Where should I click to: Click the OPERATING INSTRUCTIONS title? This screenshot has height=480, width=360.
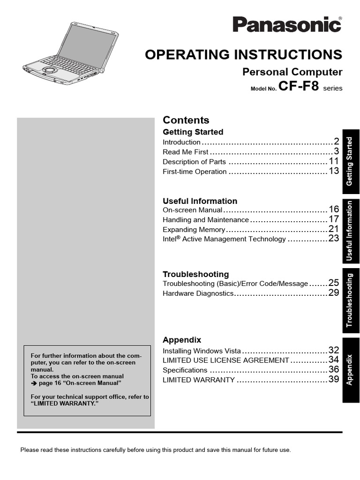[x=244, y=54]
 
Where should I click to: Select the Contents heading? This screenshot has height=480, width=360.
[x=186, y=120]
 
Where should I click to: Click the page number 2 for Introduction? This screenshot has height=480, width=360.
[x=336, y=141]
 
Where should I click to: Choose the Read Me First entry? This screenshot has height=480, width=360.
[x=185, y=152]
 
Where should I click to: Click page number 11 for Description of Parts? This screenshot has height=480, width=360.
[x=333, y=161]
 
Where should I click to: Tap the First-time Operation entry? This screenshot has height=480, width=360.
[x=195, y=172]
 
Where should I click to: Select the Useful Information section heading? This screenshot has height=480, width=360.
[x=200, y=201]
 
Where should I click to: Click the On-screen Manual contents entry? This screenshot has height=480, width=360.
[x=192, y=210]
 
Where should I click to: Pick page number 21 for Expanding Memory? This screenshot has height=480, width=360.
[x=333, y=229]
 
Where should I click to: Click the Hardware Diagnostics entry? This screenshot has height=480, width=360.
[x=198, y=293]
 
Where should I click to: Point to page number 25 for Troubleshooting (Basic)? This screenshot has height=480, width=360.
[x=333, y=283]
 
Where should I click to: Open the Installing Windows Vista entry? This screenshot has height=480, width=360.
[x=202, y=351]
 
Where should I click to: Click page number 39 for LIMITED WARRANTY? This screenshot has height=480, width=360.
[x=333, y=379]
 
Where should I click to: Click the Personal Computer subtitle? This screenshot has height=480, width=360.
[x=292, y=72]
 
